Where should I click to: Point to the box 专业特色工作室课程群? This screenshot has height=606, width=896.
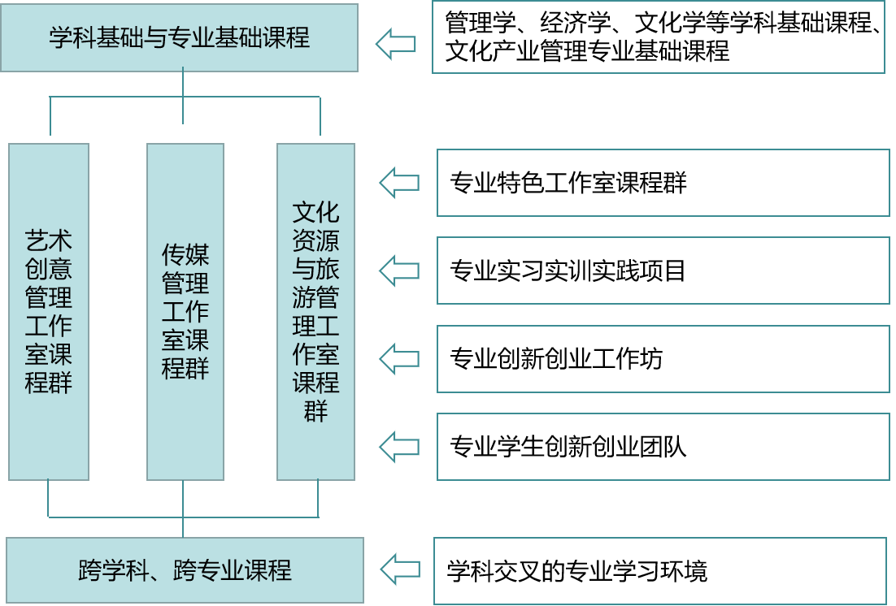point(663,183)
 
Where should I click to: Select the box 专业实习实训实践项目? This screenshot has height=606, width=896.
point(663,270)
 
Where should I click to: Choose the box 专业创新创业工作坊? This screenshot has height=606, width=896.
point(663,357)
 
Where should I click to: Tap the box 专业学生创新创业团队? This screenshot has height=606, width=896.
point(663,446)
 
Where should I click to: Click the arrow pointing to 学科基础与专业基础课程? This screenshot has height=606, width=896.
point(396,43)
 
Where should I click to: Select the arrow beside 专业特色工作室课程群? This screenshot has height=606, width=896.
point(399,182)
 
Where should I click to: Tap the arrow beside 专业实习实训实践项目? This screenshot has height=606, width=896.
point(399,270)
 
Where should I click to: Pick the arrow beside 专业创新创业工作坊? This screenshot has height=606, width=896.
point(399,357)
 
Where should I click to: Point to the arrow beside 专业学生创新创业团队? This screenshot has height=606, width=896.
point(399,445)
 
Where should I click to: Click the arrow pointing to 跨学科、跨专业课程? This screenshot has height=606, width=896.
point(399,568)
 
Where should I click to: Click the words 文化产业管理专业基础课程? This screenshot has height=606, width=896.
point(588,52)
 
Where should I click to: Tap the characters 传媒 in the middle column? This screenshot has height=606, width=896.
point(185,255)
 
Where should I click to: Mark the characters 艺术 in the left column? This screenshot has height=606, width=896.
point(49,240)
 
